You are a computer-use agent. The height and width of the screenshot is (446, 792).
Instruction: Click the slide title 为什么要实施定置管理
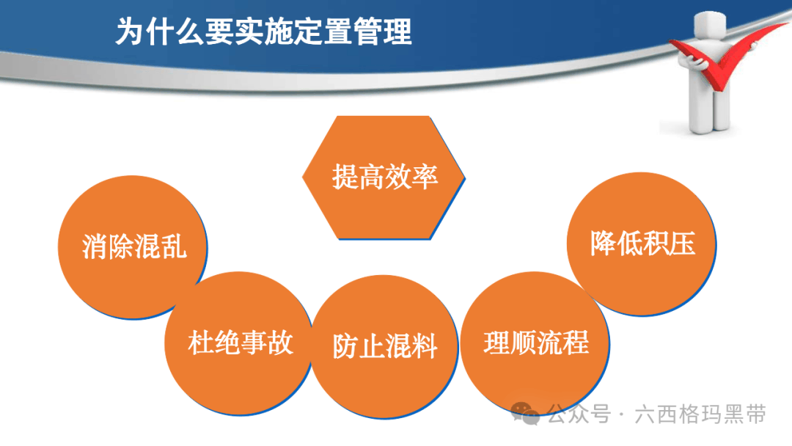click(x=264, y=32)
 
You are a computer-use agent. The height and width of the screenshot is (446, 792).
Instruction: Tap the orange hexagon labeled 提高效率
click(x=384, y=178)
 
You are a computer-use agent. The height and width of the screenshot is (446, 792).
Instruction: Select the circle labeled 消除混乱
click(x=132, y=247)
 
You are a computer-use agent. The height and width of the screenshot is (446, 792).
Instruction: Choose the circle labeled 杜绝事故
click(x=238, y=343)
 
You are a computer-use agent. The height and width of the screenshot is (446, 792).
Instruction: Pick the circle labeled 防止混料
click(x=384, y=346)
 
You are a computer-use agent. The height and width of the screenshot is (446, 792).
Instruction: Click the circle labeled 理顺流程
click(x=535, y=343)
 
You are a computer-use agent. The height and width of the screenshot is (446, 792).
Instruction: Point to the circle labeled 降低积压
click(x=642, y=244)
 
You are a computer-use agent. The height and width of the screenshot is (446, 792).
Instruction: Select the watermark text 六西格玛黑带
click(x=700, y=414)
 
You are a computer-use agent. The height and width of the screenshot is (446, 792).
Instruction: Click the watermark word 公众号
click(x=579, y=414)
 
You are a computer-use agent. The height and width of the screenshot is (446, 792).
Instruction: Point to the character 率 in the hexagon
click(x=425, y=178)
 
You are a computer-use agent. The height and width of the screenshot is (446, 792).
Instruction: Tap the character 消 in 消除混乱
click(x=95, y=247)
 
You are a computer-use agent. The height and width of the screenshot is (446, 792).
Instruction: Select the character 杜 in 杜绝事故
click(x=200, y=343)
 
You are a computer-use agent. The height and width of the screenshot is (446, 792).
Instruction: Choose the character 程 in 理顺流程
click(x=576, y=343)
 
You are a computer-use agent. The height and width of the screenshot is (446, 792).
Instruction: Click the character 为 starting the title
click(x=130, y=32)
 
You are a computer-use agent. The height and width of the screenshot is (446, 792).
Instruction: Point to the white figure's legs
click(x=710, y=109)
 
